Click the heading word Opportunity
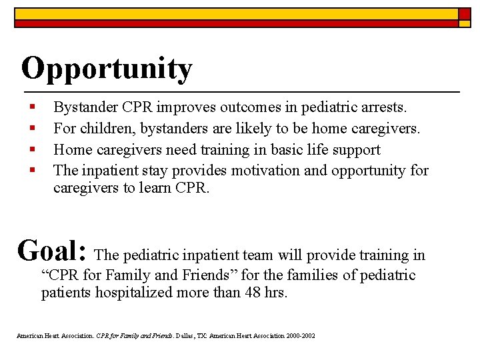click(x=107, y=69)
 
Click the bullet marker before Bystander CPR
click(x=31, y=107)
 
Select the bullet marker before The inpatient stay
click(x=31, y=171)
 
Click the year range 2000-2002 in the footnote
click(x=299, y=335)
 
